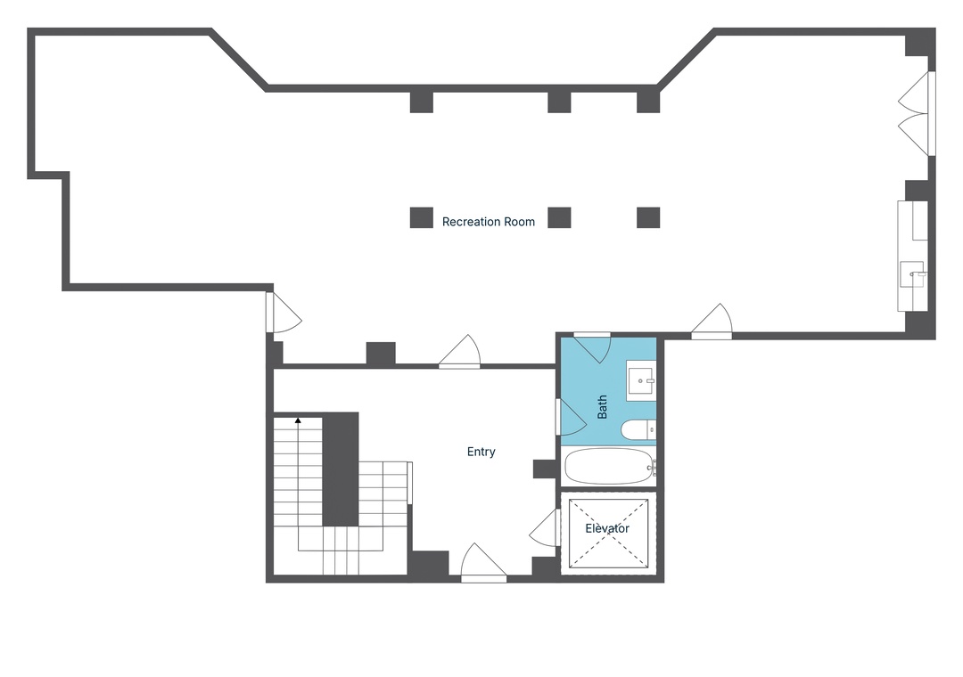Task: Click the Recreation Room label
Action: [x=489, y=222]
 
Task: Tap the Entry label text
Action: [x=481, y=452]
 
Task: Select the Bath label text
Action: [x=602, y=407]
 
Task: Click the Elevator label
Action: [x=607, y=528]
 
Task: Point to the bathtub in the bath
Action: [x=609, y=467]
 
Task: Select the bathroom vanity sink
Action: [x=641, y=381]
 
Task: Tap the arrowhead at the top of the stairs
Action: [x=298, y=420]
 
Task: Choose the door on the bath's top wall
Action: [x=592, y=347]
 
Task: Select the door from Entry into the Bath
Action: [x=572, y=418]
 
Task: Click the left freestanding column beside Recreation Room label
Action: [x=421, y=218]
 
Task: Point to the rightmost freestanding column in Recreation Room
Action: [x=648, y=218]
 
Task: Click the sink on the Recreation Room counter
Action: [x=913, y=274]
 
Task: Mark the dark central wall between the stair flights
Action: [x=341, y=469]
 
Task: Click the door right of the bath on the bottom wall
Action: [x=712, y=322]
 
